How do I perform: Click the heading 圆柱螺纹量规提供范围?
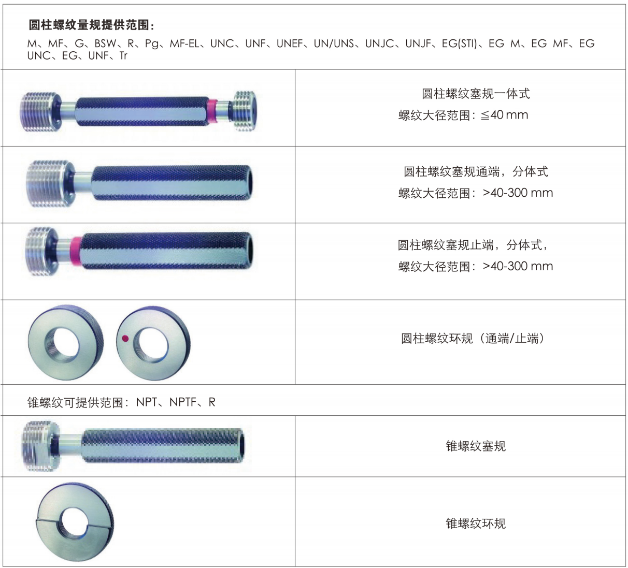click(x=91, y=25)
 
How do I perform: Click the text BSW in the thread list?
click(x=106, y=44)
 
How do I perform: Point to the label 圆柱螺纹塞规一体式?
click(x=476, y=94)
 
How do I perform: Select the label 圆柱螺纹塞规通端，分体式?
click(x=476, y=171)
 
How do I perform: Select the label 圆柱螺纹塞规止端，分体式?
click(x=472, y=245)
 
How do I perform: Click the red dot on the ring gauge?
click(x=125, y=339)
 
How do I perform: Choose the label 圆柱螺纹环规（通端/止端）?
click(x=473, y=339)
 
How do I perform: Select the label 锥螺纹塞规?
click(x=476, y=446)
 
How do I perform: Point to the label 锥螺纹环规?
click(x=476, y=523)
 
